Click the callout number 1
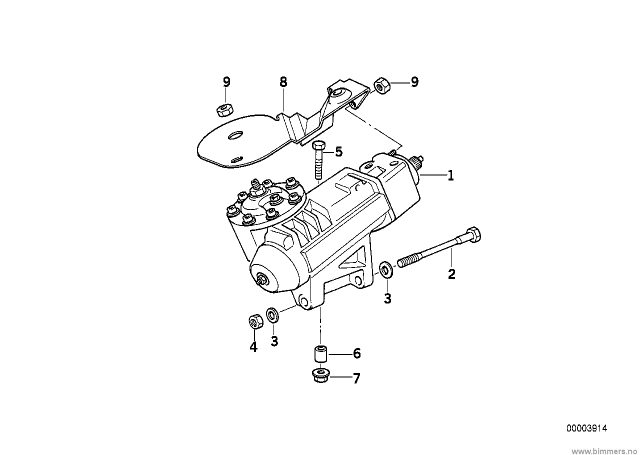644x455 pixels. [450, 175]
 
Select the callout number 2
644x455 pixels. [451, 274]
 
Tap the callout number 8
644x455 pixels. [283, 82]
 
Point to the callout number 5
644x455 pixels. [339, 151]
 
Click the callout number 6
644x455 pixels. [356, 353]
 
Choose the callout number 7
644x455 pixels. [356, 378]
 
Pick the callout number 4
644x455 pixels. [253, 347]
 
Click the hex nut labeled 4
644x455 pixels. [255, 321]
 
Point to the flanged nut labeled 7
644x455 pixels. [320, 375]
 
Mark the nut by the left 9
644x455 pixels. [224, 110]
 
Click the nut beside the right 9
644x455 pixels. [382, 85]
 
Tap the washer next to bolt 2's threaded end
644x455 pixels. [386, 270]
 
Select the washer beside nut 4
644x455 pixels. [272, 315]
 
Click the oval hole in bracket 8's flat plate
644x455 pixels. [235, 135]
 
